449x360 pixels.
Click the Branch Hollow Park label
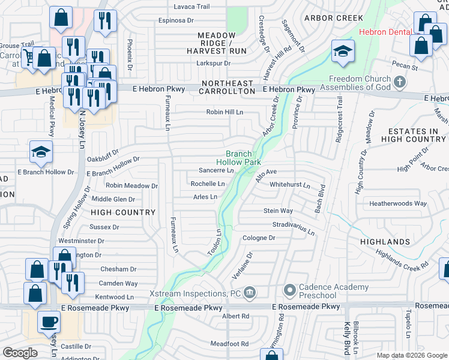(238, 158)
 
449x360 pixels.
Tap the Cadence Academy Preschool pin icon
(289, 290)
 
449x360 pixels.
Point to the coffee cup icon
(49, 322)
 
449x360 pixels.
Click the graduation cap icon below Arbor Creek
(342, 51)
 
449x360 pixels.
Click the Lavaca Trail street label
(191, 7)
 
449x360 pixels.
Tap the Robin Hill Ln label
(224, 112)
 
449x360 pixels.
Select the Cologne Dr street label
(259, 238)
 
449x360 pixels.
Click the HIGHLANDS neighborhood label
(385, 242)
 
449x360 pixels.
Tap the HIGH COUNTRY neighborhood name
(123, 212)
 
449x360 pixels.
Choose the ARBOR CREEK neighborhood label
(334, 18)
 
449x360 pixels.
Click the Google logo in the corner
(20, 352)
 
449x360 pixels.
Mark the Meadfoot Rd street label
(229, 343)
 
